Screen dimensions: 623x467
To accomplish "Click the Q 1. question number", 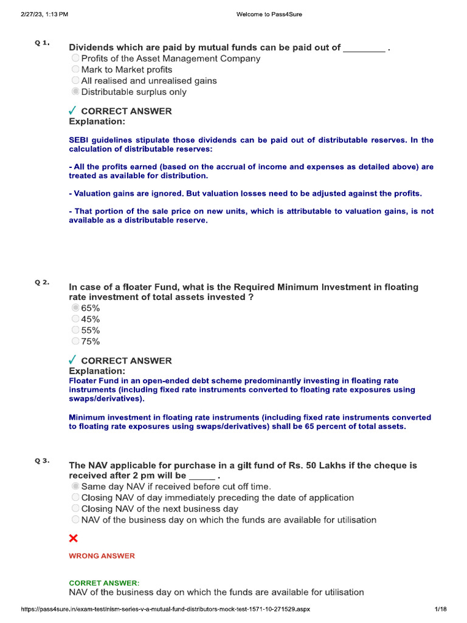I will click(42, 43).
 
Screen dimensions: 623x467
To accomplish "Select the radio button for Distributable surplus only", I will click(75, 92).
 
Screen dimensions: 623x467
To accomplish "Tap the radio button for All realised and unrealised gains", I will click(75, 80).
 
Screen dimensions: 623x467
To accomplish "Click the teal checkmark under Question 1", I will click(72, 111).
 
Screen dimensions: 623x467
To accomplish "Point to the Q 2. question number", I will click(42, 282).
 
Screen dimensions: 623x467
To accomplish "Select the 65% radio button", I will click(75, 308).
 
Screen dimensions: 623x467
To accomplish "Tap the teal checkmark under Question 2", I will click(72, 360).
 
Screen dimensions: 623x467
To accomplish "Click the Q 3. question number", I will click(42, 461).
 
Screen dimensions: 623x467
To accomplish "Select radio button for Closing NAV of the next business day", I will click(75, 509).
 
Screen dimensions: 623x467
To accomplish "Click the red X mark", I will click(74, 538).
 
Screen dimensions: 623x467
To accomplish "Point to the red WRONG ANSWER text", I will click(102, 555).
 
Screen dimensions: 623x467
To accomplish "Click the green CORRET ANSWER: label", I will click(104, 582).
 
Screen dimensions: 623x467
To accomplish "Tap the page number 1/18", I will click(441, 610).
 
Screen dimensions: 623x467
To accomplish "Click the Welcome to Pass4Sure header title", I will click(268, 15).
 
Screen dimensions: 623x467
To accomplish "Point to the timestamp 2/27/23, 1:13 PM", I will click(41, 15).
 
